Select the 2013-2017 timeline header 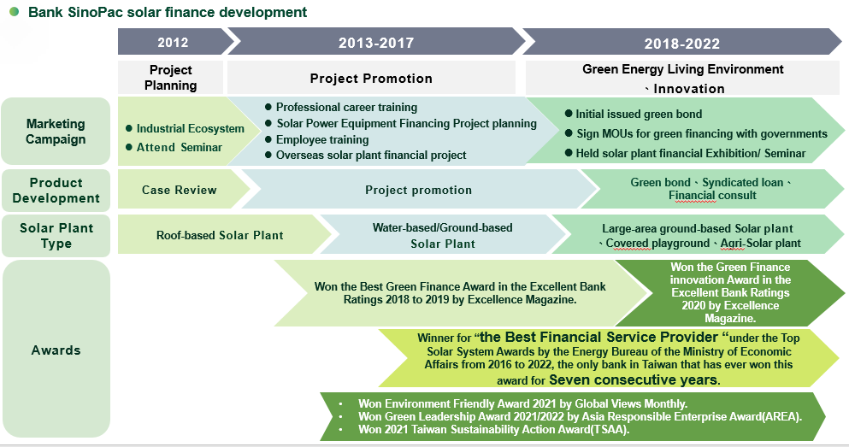tap(376, 42)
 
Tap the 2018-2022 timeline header tap(681, 42)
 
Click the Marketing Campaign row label tap(56, 132)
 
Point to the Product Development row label tap(56, 190)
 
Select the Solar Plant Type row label tap(56, 235)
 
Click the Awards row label tap(56, 350)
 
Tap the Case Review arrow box tap(182, 190)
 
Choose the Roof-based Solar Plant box tap(223, 235)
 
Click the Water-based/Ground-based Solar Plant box tap(442, 235)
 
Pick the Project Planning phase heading tap(170, 78)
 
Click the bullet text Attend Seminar tap(180, 147)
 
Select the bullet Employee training tap(322, 139)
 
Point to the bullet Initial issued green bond tap(639, 115)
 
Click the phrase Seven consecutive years tap(634, 379)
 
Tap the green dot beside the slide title tap(15, 11)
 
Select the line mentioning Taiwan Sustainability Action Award tap(493, 430)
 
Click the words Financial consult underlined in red tap(712, 196)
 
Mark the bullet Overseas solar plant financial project tap(371, 156)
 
